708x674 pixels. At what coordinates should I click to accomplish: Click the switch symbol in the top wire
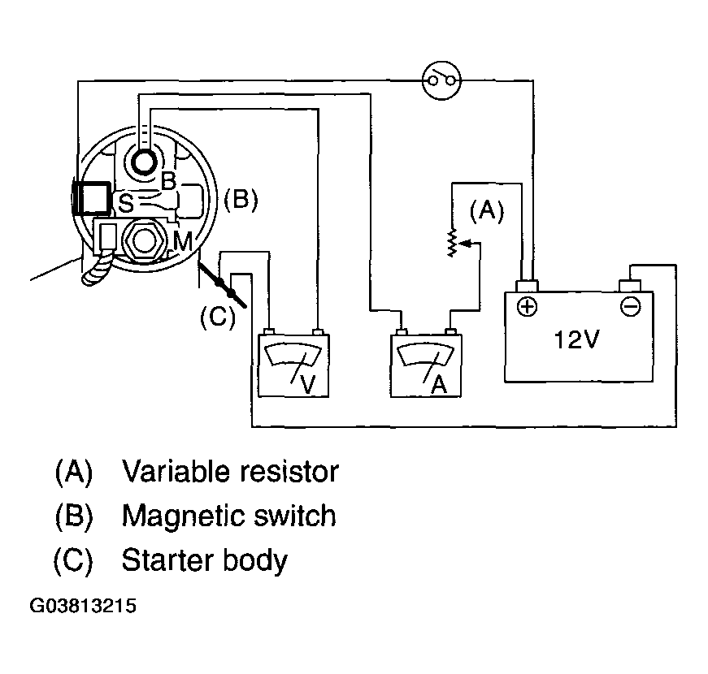[x=441, y=80]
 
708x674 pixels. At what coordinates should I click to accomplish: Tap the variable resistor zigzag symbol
[x=451, y=243]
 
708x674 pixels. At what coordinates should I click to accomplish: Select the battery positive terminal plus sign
[x=527, y=307]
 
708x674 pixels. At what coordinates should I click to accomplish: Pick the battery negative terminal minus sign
[x=630, y=307]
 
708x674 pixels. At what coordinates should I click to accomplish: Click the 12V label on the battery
[x=576, y=339]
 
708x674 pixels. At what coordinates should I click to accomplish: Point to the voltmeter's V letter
[x=307, y=384]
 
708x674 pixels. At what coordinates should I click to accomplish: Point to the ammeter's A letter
[x=439, y=384]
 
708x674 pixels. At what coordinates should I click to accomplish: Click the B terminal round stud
[x=144, y=162]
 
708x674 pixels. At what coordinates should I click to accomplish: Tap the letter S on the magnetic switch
[x=125, y=204]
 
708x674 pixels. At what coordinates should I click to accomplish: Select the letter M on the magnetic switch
[x=183, y=241]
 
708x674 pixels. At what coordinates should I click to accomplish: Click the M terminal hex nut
[x=144, y=240]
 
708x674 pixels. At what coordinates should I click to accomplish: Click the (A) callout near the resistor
[x=487, y=210]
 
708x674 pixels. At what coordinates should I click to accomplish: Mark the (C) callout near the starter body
[x=218, y=317]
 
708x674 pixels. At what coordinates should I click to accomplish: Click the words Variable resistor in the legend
[x=230, y=472]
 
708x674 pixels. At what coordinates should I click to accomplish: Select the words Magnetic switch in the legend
[x=229, y=516]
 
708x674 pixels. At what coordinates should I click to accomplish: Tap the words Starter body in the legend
[x=205, y=560]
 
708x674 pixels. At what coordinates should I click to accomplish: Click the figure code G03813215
[x=83, y=606]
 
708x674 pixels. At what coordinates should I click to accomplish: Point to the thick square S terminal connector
[x=93, y=197]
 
